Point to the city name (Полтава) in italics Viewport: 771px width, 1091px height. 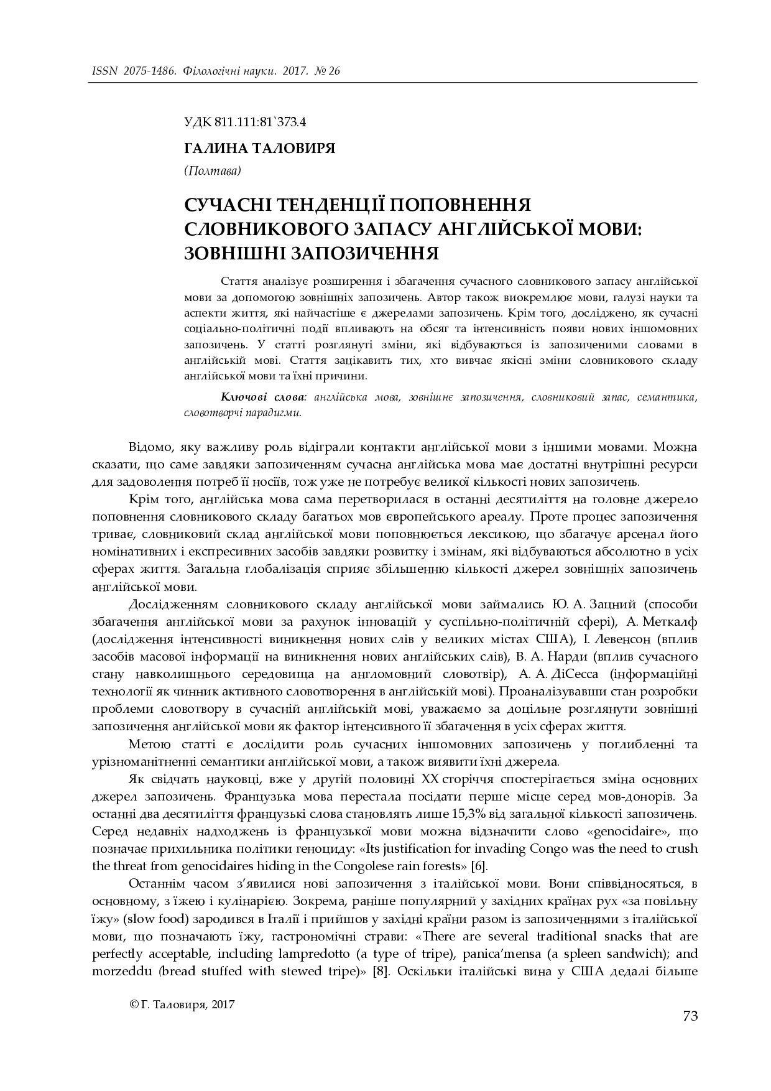[x=213, y=170]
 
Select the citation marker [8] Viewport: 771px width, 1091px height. [x=381, y=970]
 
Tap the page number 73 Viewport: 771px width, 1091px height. [x=690, y=1016]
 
